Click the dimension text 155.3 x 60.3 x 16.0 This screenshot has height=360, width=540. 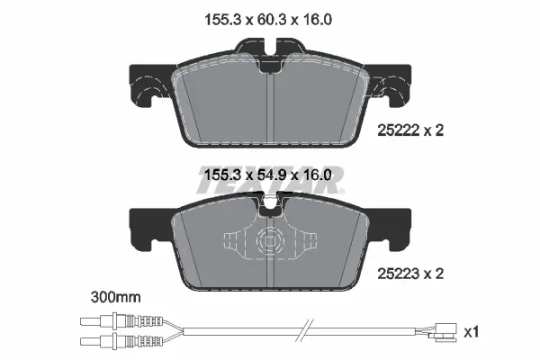(x=268, y=20)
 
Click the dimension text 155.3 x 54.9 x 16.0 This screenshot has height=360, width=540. (x=268, y=175)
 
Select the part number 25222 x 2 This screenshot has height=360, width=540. (x=410, y=130)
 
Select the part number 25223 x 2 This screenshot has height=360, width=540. (x=410, y=274)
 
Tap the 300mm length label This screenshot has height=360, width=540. (x=116, y=297)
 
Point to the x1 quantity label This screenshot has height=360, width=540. (x=471, y=332)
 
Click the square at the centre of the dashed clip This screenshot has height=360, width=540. (x=270, y=242)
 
